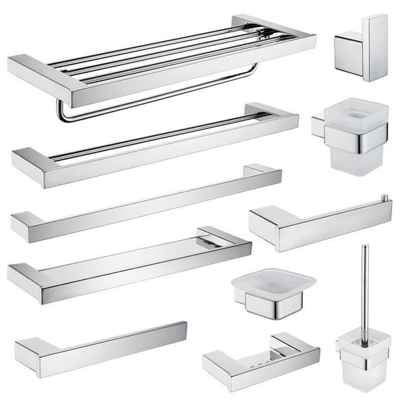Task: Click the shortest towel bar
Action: pos(101,346)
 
